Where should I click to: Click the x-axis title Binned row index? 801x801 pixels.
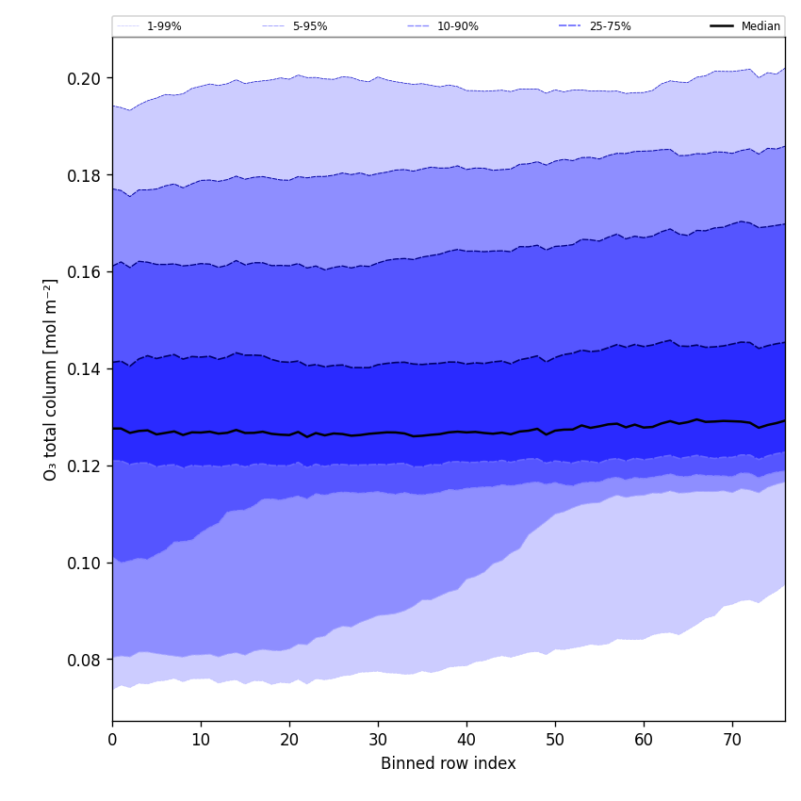[449, 763]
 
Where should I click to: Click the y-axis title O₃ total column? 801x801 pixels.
[51, 379]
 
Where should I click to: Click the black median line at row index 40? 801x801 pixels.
[466, 432]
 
